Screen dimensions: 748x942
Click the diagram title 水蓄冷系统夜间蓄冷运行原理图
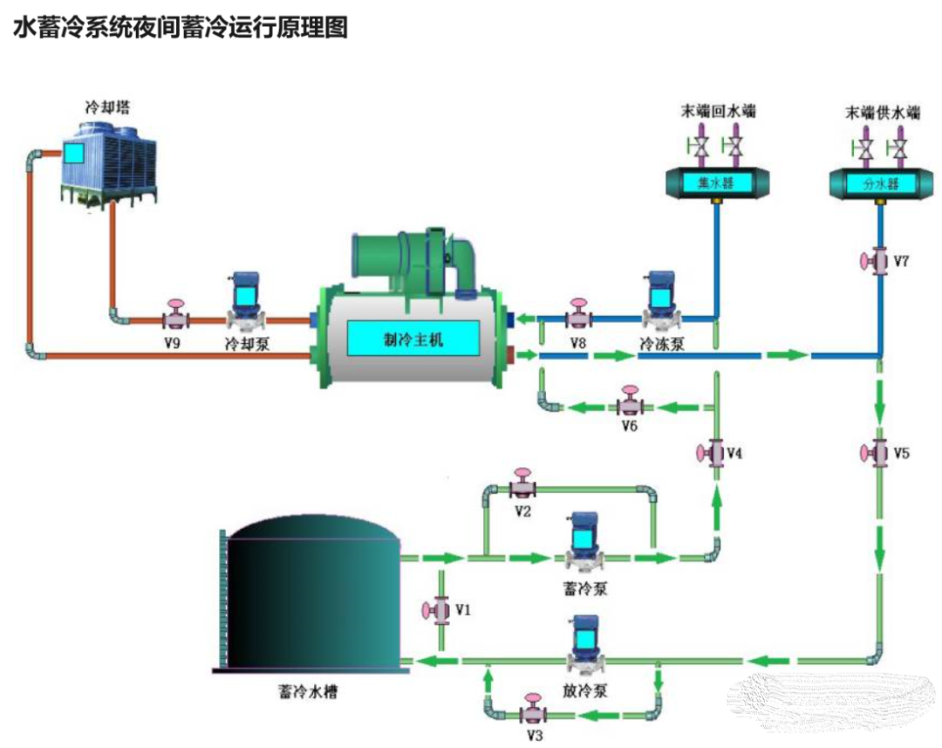coord(181,27)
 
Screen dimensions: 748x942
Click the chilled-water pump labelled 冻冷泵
coord(659,301)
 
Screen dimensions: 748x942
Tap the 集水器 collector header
coord(717,182)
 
